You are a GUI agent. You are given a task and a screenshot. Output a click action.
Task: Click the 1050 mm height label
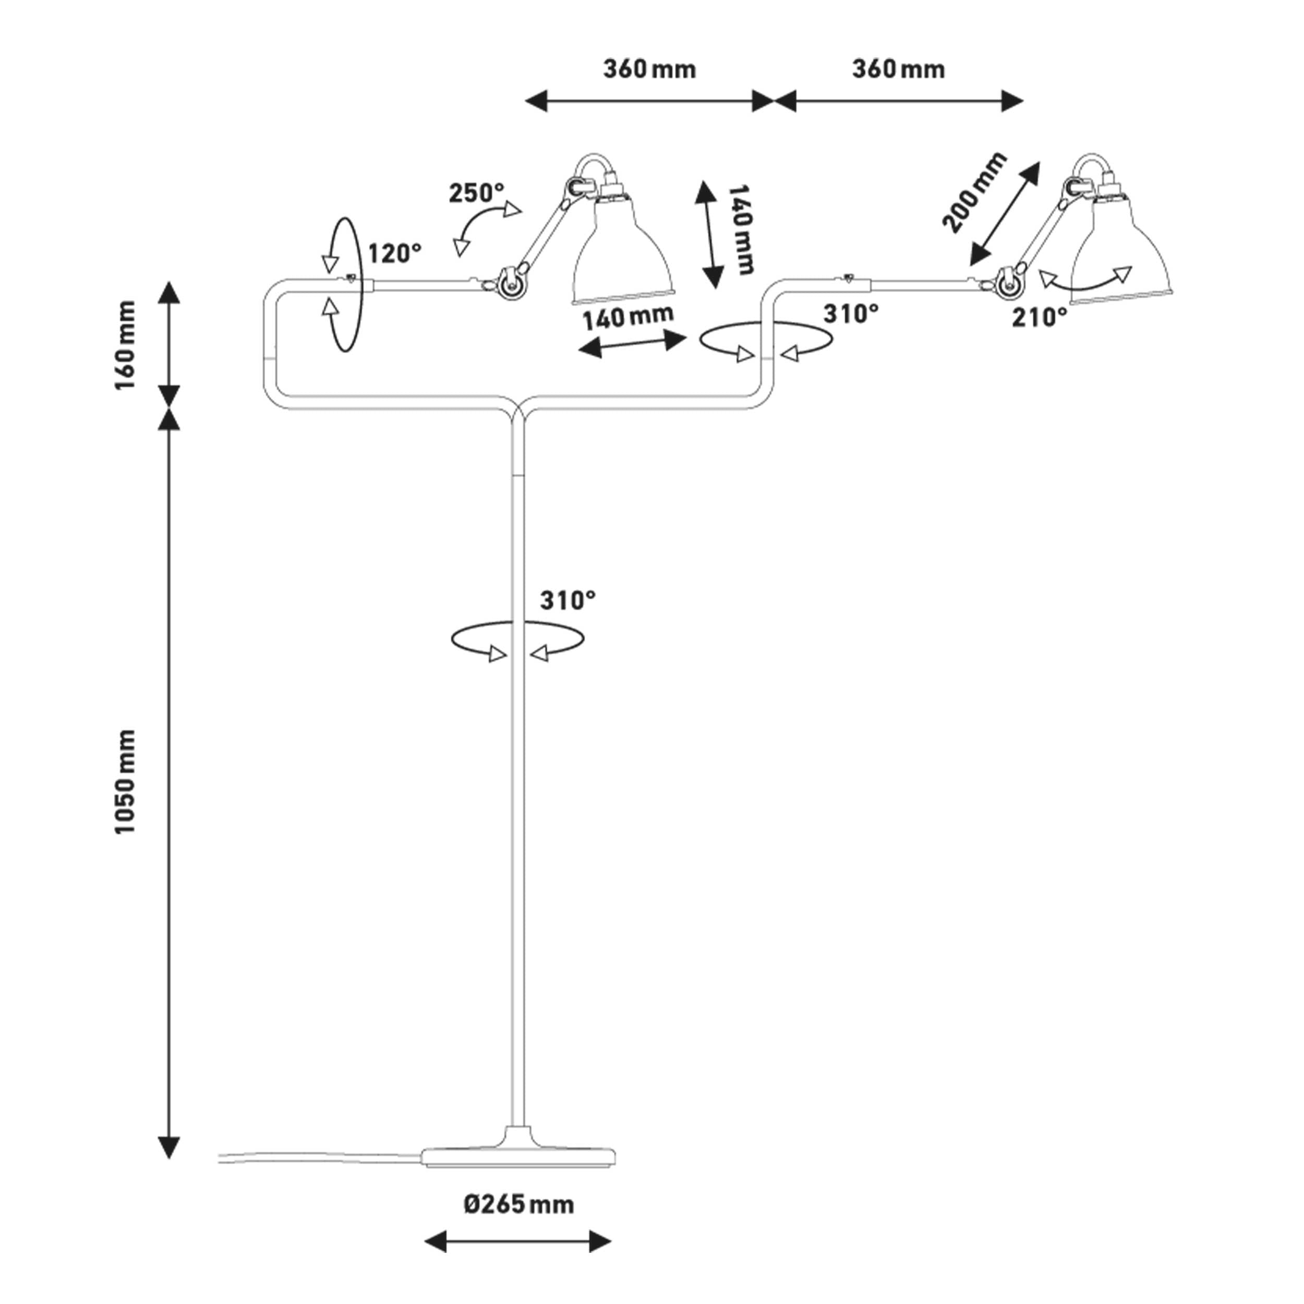[x=126, y=781]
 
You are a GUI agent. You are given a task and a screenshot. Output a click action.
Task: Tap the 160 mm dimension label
[x=126, y=345]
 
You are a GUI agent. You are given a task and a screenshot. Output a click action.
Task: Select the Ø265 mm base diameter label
[x=518, y=1204]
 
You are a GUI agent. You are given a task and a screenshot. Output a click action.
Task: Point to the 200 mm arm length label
[x=974, y=192]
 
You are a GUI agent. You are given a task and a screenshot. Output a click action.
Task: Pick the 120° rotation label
[x=394, y=254]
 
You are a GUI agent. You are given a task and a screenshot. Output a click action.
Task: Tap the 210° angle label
[x=1040, y=317]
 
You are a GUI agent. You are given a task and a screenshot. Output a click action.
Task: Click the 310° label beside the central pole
[x=568, y=600]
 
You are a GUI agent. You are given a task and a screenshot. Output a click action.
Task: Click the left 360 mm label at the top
[x=649, y=69]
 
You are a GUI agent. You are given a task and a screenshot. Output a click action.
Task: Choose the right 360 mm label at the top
[x=898, y=69]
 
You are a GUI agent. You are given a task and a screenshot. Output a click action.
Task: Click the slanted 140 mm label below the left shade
[x=627, y=318]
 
